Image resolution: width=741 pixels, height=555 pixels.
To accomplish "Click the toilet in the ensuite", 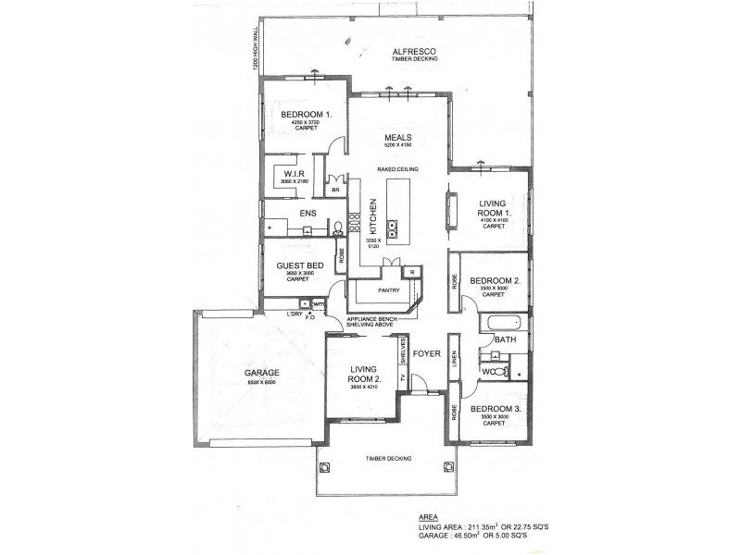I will (x=338, y=228).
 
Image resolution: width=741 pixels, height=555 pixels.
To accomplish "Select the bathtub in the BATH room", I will (x=502, y=324).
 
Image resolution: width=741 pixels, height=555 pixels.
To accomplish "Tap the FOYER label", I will (x=425, y=353).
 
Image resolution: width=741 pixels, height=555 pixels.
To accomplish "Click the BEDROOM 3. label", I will (x=495, y=408).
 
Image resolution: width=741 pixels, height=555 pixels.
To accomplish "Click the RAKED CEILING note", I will (x=398, y=170).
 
